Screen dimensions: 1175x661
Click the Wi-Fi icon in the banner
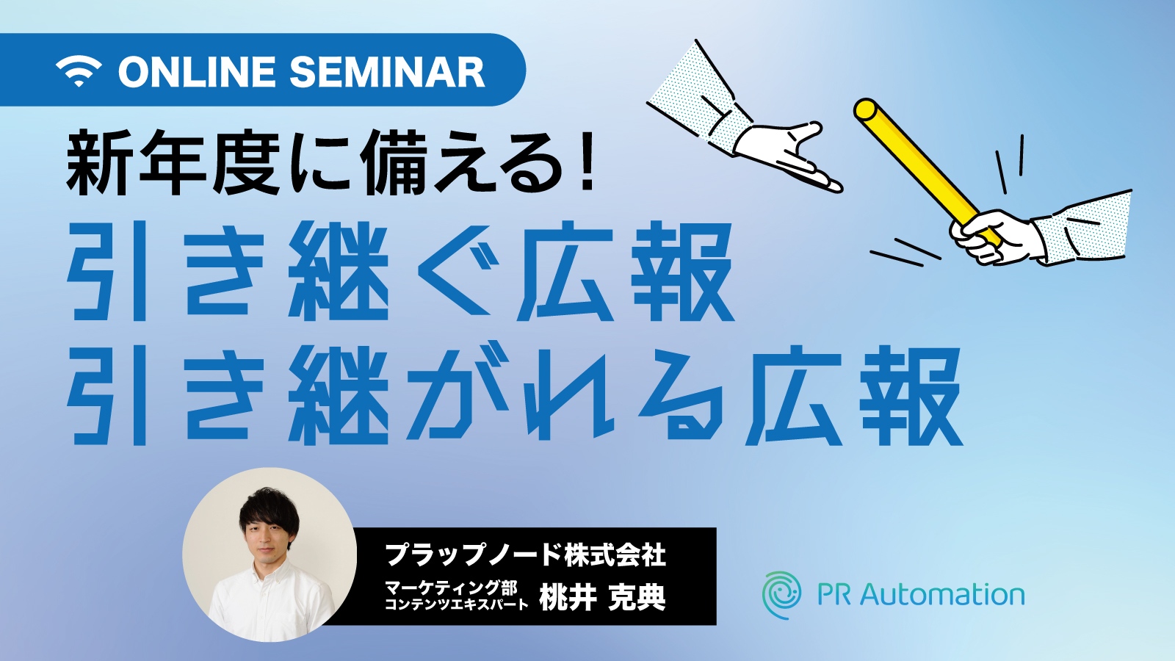coord(79,71)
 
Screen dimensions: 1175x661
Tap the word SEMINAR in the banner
coord(387,72)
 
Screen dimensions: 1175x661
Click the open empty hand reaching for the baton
coord(787,156)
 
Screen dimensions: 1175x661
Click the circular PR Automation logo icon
coord(781,595)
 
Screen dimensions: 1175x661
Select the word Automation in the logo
coord(942,595)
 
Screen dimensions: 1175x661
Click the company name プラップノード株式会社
coord(526,555)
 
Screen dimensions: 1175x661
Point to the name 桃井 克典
coord(602,597)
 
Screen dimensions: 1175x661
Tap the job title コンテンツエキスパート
coord(456,604)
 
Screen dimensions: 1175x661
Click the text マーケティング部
coord(451,587)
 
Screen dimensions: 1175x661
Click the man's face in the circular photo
coord(267,535)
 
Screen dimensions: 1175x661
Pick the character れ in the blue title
coord(569,394)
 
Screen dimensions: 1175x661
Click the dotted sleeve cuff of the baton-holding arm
coord(1080,228)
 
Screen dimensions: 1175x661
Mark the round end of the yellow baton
coord(864,109)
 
